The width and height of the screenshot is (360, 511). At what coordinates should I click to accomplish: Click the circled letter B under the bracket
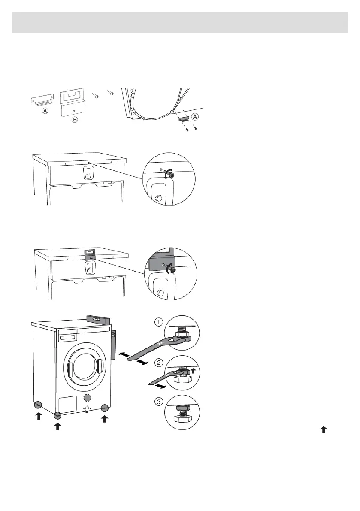tap(74, 120)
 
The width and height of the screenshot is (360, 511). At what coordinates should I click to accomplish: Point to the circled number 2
tap(158, 363)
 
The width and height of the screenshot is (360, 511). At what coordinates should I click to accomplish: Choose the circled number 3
tap(158, 402)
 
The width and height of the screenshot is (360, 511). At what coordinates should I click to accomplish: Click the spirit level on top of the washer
tap(98, 319)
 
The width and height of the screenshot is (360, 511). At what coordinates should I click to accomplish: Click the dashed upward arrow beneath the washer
tap(87, 410)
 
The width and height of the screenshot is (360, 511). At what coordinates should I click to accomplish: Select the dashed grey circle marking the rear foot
tap(87, 397)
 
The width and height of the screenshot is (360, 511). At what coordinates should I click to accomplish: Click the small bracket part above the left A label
tap(41, 100)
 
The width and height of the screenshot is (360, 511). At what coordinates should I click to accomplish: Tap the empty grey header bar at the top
tap(180, 22)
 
